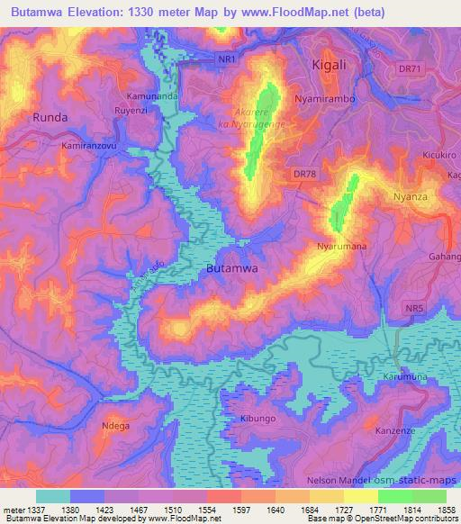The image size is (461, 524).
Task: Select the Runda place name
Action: [50, 117]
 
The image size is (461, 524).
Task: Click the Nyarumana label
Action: [339, 245]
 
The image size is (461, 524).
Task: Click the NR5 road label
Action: [412, 309]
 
